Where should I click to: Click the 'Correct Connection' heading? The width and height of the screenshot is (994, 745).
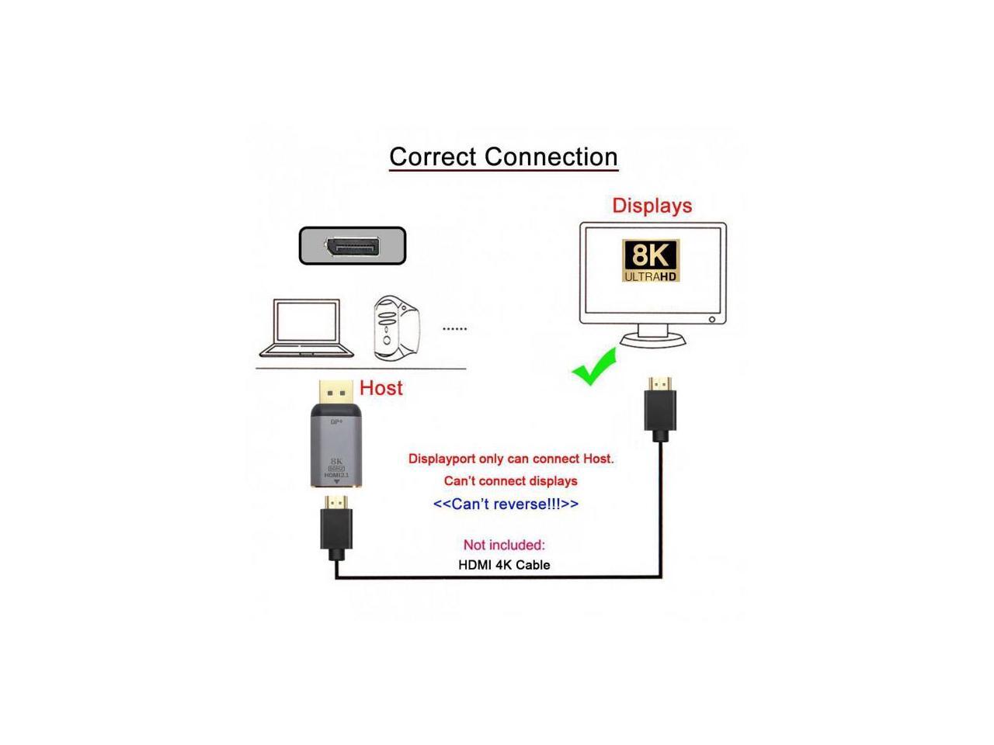[503, 157]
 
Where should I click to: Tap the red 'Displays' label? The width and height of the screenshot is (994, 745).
[652, 206]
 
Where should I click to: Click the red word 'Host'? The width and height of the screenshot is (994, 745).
[381, 388]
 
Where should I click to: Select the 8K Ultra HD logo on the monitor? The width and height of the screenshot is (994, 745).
[651, 261]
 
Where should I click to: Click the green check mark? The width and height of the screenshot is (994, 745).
[594, 367]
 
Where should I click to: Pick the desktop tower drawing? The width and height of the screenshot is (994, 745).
[396, 327]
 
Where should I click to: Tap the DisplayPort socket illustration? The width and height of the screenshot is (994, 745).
[353, 246]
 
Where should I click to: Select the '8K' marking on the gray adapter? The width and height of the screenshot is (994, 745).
[336, 461]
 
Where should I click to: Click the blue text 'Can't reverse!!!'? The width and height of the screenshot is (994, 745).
[506, 504]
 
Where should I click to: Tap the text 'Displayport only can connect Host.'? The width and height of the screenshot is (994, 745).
[511, 459]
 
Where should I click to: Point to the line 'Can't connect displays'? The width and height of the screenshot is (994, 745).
[510, 481]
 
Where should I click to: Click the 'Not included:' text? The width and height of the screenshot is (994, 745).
[504, 545]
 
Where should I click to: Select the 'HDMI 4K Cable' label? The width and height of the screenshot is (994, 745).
[504, 565]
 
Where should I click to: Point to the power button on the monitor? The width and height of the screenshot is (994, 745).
[712, 319]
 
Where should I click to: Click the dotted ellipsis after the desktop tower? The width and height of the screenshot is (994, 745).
[454, 329]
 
